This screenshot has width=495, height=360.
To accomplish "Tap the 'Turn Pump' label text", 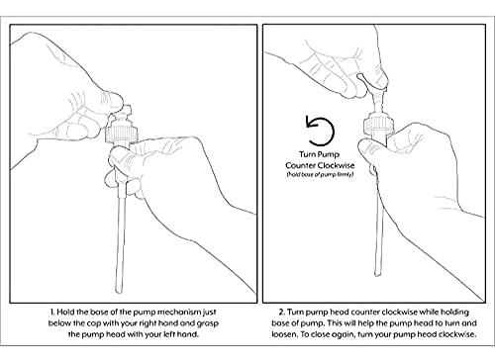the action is point(319,154).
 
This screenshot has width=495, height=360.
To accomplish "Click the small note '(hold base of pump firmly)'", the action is point(320,174).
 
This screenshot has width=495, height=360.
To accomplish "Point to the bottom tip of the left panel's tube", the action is point(119,292).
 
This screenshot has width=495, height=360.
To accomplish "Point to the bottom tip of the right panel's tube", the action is point(377,274).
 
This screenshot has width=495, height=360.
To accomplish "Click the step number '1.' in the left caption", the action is point(52,312).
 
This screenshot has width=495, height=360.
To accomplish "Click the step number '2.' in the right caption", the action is point(281,312).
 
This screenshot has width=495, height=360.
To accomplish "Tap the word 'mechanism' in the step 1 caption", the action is point(178,312).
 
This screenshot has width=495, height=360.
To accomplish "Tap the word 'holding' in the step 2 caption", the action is point(454,312).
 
